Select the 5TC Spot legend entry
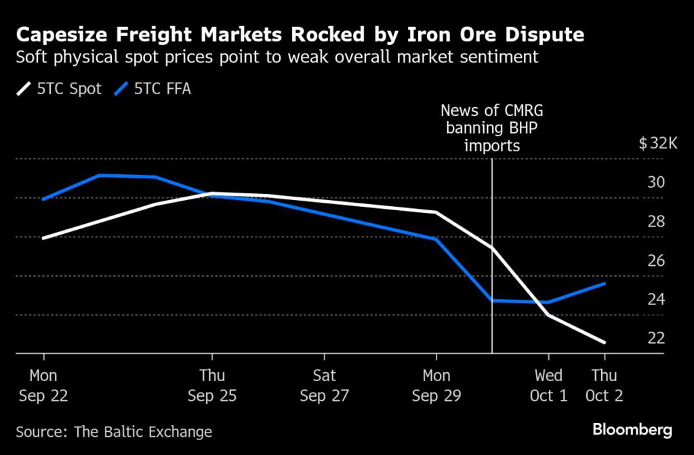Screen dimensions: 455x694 (x=59, y=89)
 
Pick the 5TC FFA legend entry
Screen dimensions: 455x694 (x=154, y=89)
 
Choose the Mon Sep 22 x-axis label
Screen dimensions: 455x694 (x=43, y=385)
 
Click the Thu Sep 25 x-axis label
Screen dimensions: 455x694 (x=212, y=385)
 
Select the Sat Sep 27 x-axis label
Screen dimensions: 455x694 (x=324, y=385)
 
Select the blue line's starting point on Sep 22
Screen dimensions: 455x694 (x=43, y=199)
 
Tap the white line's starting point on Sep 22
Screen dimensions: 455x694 (x=43, y=238)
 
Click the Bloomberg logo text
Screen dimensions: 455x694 (x=632, y=429)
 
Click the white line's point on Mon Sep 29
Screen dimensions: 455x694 (x=436, y=212)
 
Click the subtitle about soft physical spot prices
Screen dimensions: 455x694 (x=277, y=57)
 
